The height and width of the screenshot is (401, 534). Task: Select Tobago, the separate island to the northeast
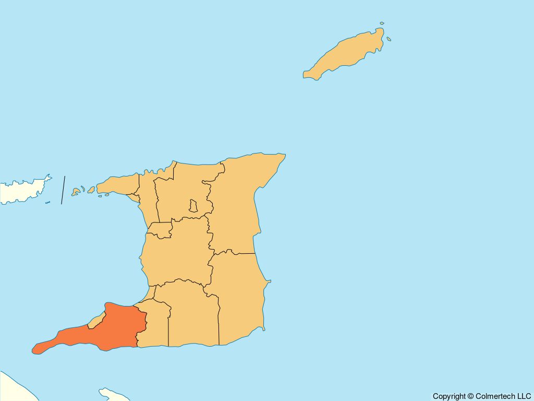(347, 55)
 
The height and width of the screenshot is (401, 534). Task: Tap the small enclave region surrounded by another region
(193, 206)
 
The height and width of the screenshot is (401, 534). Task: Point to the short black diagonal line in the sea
(63, 190)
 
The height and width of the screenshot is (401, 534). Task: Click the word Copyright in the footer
(449, 396)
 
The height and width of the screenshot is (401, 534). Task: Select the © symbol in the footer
(470, 396)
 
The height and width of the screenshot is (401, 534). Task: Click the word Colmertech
(495, 396)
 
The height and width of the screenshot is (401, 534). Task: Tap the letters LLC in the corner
(524, 396)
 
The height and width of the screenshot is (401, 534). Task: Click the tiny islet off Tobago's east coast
(389, 39)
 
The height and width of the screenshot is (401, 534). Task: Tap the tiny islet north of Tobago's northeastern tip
(382, 23)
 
